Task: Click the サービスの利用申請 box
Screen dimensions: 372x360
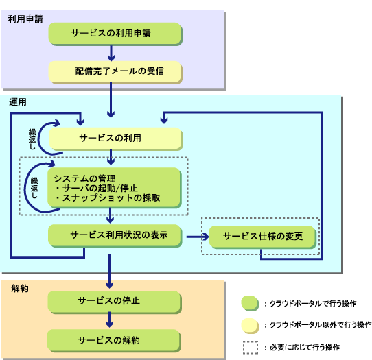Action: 115,34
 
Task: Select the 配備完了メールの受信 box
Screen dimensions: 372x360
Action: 115,72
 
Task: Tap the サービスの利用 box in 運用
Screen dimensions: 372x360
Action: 116,139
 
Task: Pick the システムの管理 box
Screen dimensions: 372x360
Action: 115,188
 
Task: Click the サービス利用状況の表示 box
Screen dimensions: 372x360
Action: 115,236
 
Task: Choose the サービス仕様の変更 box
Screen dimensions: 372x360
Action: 263,237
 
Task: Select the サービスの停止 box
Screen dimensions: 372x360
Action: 115,302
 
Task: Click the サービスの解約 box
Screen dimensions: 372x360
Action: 115,341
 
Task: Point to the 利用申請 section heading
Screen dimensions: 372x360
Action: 25,19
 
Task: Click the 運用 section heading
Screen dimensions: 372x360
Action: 18,102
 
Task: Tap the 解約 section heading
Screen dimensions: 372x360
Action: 20,289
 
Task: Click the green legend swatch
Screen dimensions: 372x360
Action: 250,303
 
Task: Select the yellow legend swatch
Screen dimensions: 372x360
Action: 250,326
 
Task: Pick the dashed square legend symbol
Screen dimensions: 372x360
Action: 251,348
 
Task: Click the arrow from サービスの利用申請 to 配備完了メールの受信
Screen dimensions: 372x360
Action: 111,53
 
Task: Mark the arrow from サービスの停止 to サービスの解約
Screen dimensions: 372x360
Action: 109,320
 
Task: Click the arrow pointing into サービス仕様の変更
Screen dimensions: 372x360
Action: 198,237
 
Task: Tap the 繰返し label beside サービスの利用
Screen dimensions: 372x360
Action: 32,139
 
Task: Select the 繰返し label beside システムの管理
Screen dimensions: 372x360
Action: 34,188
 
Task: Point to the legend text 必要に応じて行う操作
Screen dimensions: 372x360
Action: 305,348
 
